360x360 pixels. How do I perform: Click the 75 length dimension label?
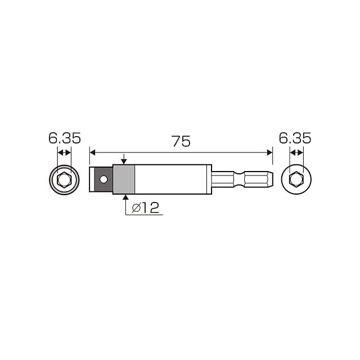point(181,141)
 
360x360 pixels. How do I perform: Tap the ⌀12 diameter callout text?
point(145,208)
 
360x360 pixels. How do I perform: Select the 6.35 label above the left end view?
point(65,138)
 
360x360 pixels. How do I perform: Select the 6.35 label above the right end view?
point(295,138)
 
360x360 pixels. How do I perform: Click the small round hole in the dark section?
point(103,179)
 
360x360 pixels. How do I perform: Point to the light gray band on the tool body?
point(124,179)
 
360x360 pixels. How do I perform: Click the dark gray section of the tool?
point(103,179)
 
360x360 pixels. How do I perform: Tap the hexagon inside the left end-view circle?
point(65,180)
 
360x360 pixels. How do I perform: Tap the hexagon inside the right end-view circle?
point(296,179)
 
